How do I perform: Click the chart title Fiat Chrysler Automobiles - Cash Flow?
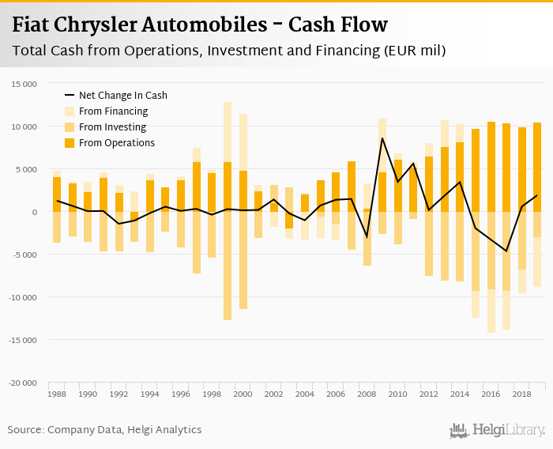point(200,25)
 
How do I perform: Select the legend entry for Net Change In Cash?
point(122,95)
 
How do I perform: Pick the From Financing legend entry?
point(113,111)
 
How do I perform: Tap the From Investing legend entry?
point(113,127)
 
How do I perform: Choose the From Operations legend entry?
point(116,143)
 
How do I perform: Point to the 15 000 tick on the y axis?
point(24,84)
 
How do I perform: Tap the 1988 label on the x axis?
point(57,393)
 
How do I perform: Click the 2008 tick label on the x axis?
point(367,393)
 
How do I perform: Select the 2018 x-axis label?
point(521,393)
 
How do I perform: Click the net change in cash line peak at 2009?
point(382,138)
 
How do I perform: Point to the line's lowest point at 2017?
point(506,251)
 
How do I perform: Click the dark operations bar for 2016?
point(491,167)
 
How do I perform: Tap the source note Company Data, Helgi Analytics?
point(104,430)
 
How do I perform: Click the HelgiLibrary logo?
point(497,430)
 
